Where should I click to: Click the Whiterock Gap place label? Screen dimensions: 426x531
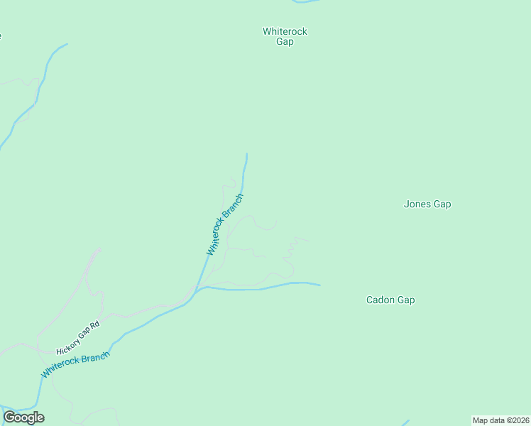point(285,36)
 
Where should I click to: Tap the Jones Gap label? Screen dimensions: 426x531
point(427,204)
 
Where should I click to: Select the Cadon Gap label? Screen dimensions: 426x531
point(390,300)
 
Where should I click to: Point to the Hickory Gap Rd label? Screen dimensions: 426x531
point(78,337)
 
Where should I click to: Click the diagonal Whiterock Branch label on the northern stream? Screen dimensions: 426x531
point(224,224)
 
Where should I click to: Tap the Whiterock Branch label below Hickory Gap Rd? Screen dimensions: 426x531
point(75,364)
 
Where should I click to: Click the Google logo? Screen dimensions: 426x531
point(24,417)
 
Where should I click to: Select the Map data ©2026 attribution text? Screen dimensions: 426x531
point(500,420)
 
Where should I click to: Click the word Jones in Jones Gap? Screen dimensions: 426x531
point(417,204)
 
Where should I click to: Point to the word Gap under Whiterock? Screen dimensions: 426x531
point(285,41)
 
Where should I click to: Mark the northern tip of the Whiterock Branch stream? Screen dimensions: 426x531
point(247,154)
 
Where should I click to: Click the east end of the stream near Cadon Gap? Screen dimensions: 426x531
point(319,285)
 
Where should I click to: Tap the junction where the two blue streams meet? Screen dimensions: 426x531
point(199,288)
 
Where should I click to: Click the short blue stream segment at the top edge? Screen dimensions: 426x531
point(306,2)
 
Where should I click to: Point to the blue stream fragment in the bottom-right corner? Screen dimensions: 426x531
point(406,422)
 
